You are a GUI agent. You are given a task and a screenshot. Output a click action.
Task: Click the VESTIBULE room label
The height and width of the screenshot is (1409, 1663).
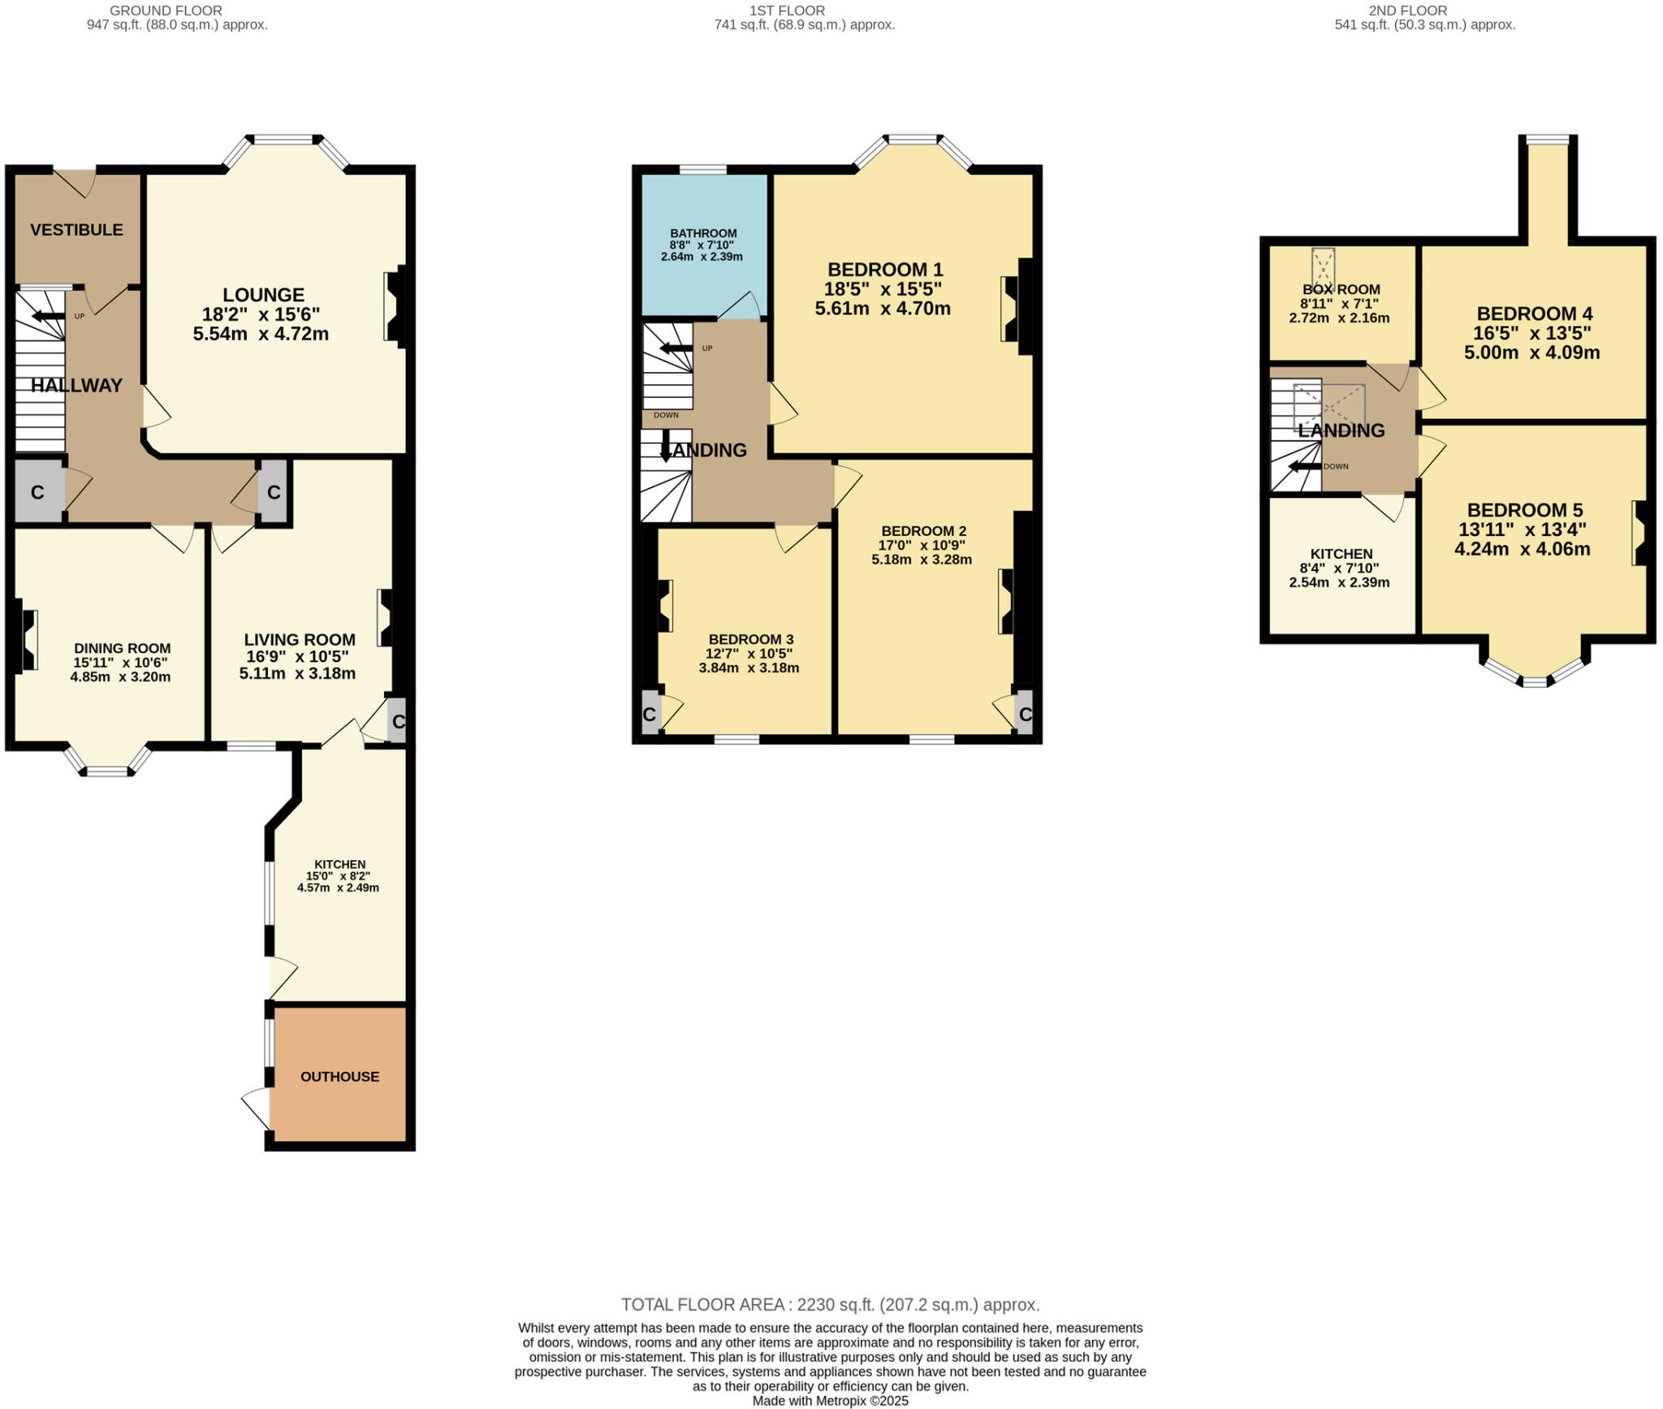[x=76, y=230]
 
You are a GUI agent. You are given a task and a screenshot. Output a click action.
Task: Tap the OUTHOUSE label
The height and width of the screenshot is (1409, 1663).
[x=339, y=1077]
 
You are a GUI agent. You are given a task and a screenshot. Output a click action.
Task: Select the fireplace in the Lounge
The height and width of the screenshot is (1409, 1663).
[x=395, y=306]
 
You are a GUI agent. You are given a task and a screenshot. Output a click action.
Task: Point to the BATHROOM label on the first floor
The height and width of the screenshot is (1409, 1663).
[x=703, y=233]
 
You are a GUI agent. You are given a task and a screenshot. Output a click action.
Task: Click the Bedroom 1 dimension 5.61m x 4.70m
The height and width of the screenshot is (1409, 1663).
[x=883, y=309]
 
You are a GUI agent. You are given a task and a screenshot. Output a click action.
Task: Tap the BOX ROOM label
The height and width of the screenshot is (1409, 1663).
[x=1341, y=289]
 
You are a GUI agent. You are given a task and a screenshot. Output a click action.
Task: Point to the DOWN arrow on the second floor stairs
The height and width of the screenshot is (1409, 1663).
[x=1304, y=466]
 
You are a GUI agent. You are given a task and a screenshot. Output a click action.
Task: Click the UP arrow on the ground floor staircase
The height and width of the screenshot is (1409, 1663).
[x=49, y=316]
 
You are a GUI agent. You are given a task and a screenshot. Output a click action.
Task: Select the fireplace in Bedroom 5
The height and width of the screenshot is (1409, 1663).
[x=1639, y=533]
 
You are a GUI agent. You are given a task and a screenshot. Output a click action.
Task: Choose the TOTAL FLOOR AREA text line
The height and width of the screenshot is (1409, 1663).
[x=830, y=1305]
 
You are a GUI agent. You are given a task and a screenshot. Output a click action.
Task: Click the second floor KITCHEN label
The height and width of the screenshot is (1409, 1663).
[x=1341, y=554]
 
